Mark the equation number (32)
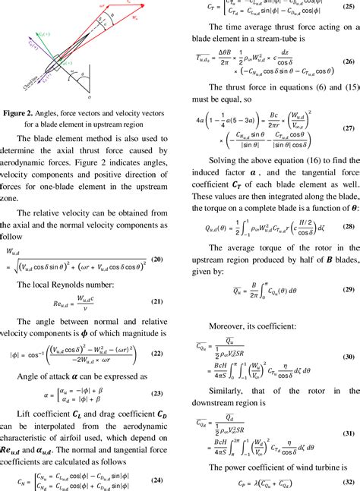(x=348, y=482)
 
